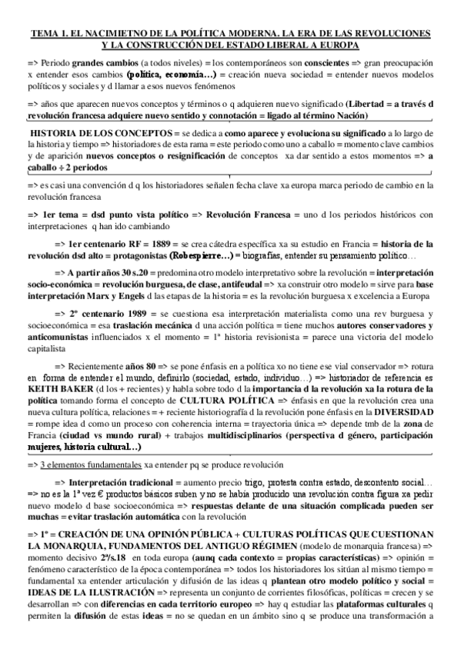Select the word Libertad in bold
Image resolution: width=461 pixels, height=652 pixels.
(x=369, y=102)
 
